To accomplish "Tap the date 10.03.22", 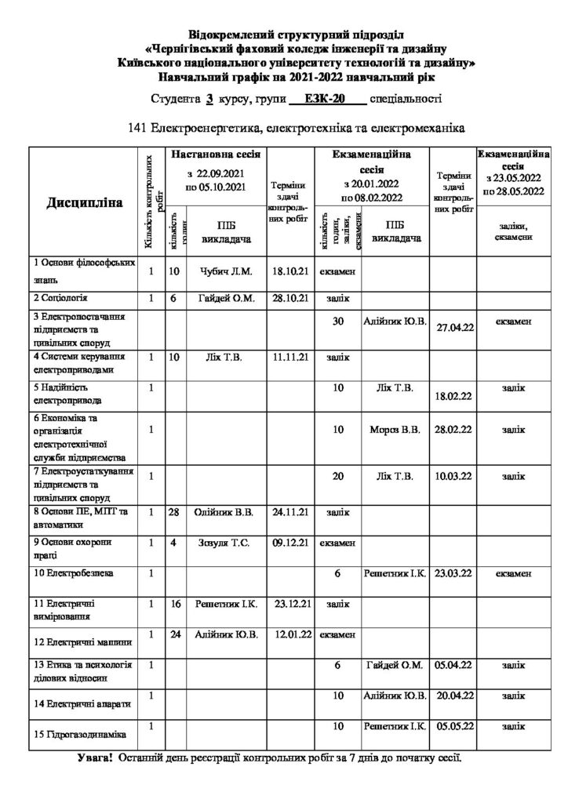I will tap(453, 476).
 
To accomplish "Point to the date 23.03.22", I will tap(453, 573).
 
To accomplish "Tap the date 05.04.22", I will tap(453, 664).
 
